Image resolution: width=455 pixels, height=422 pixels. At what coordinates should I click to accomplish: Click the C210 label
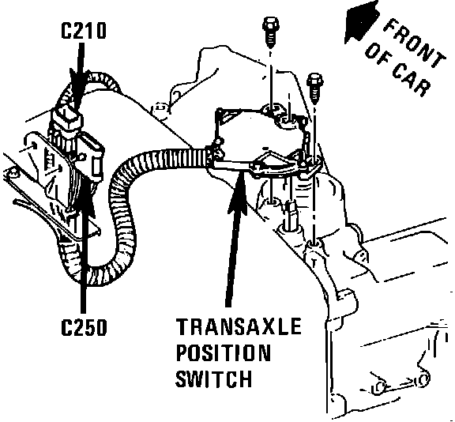pos(84,31)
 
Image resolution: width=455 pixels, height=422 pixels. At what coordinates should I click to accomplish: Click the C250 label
pos(84,327)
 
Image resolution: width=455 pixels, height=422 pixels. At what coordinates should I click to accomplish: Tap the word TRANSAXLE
pos(239,326)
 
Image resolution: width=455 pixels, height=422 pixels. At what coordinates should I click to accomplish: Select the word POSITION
pos(224,352)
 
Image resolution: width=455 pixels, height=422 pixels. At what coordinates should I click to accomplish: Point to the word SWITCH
pos(213,379)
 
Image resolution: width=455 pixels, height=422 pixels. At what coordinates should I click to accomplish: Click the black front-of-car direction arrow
pos(362,22)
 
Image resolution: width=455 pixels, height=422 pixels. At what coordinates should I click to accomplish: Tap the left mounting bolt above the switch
pos(271,32)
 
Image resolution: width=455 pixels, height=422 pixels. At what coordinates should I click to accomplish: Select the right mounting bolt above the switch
pos(315,88)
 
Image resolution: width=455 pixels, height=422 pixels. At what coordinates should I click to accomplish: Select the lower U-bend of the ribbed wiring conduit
pos(96,271)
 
